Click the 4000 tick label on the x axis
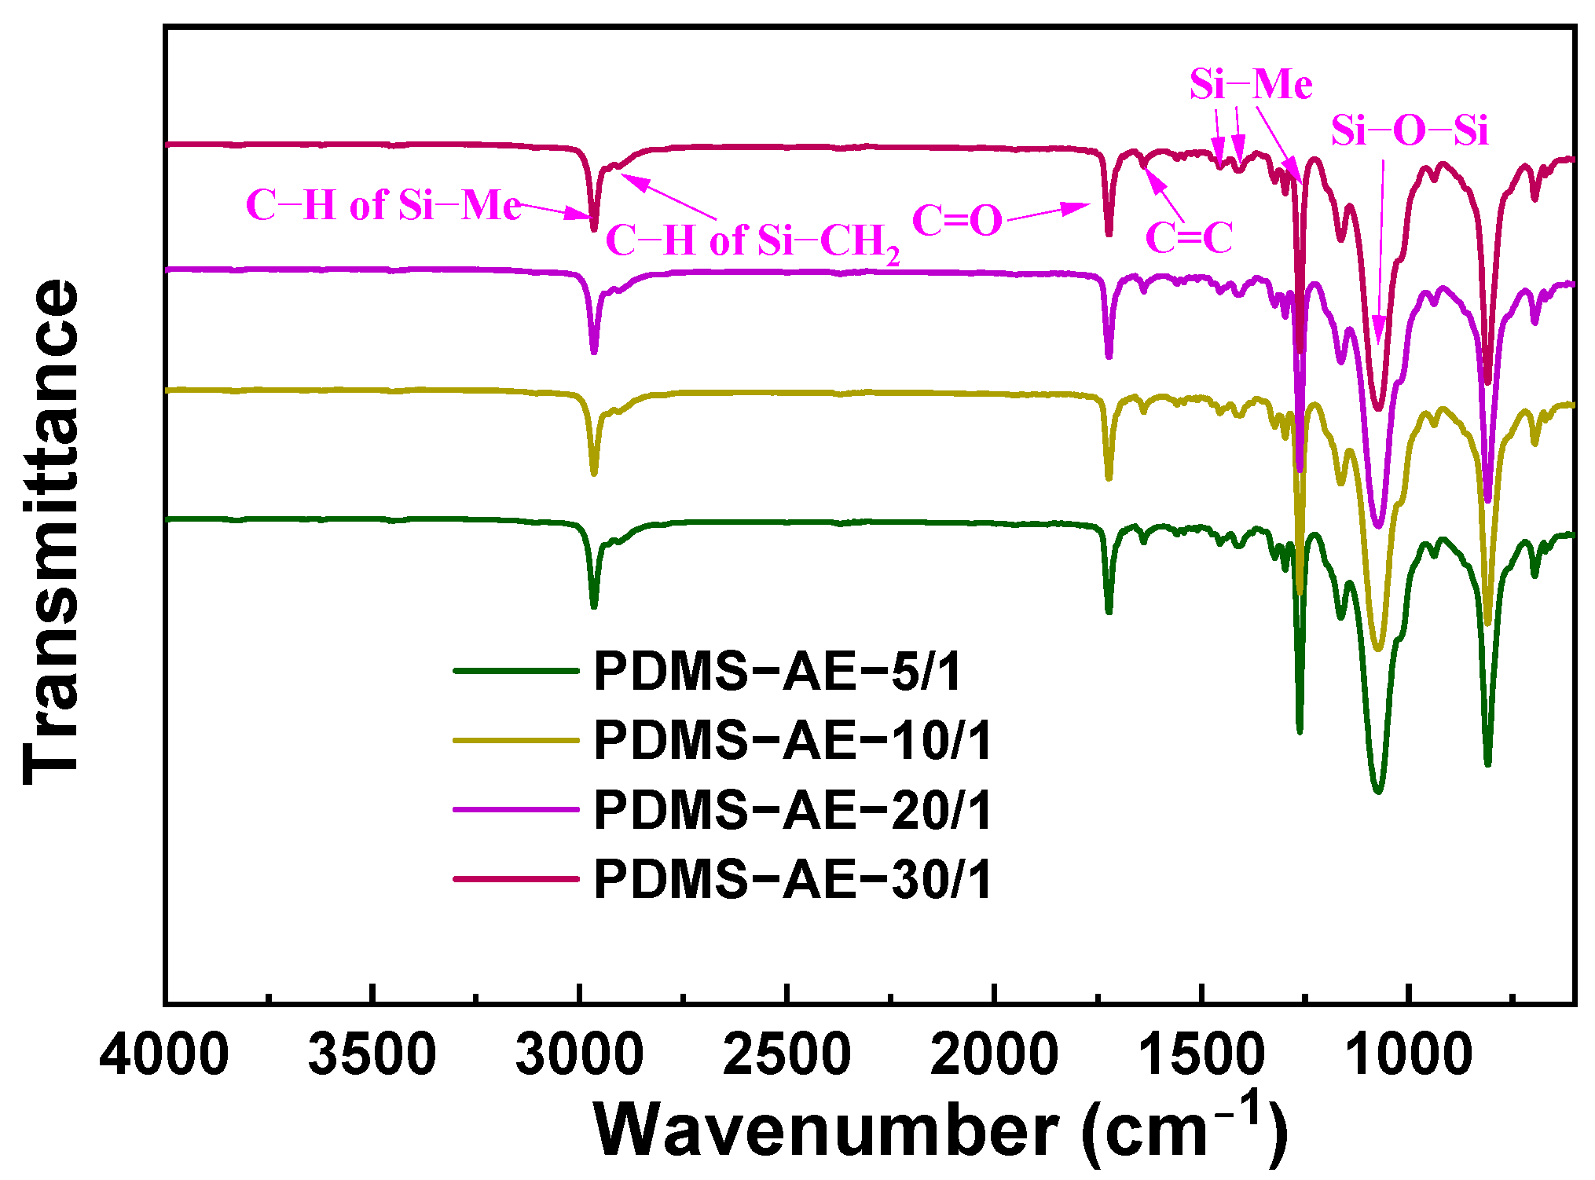pyautogui.click(x=164, y=1055)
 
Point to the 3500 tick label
pyautogui.click(x=372, y=1055)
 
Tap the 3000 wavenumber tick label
pyautogui.click(x=580, y=1055)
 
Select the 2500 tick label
pyautogui.click(x=786, y=1055)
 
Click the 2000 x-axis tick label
pyautogui.click(x=994, y=1055)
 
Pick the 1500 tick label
pyautogui.click(x=1201, y=1055)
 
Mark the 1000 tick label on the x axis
pyautogui.click(x=1409, y=1055)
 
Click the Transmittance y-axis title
pyautogui.click(x=52, y=531)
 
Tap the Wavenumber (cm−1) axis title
pyautogui.click(x=940, y=1129)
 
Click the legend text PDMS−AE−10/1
pyautogui.click(x=793, y=740)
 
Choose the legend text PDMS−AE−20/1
pyautogui.click(x=793, y=810)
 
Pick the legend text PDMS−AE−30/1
pyautogui.click(x=793, y=879)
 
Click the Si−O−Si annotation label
pyautogui.click(x=1409, y=130)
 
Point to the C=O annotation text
pyautogui.click(x=957, y=221)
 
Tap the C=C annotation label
pyautogui.click(x=1189, y=237)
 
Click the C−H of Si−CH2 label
pyautogui.click(x=752, y=240)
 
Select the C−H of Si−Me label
pyautogui.click(x=383, y=206)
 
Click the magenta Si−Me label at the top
pyautogui.click(x=1250, y=84)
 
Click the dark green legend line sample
pyautogui.click(x=516, y=671)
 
